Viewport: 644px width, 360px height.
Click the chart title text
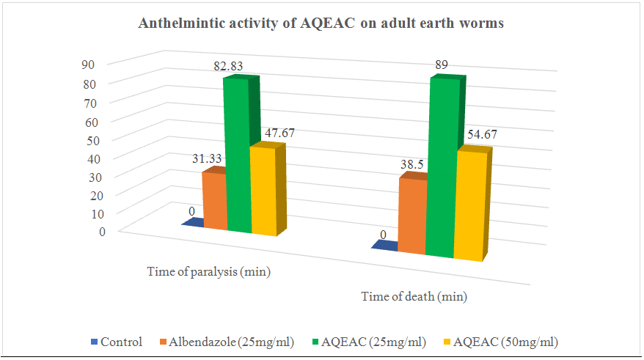tap(321, 24)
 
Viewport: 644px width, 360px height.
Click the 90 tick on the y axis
tap(88, 64)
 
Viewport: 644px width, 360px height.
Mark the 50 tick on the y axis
tap(88, 139)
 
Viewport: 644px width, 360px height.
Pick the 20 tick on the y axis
tap(88, 194)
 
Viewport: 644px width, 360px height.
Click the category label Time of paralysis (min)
tap(209, 273)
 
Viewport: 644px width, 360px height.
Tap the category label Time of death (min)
tap(414, 298)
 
